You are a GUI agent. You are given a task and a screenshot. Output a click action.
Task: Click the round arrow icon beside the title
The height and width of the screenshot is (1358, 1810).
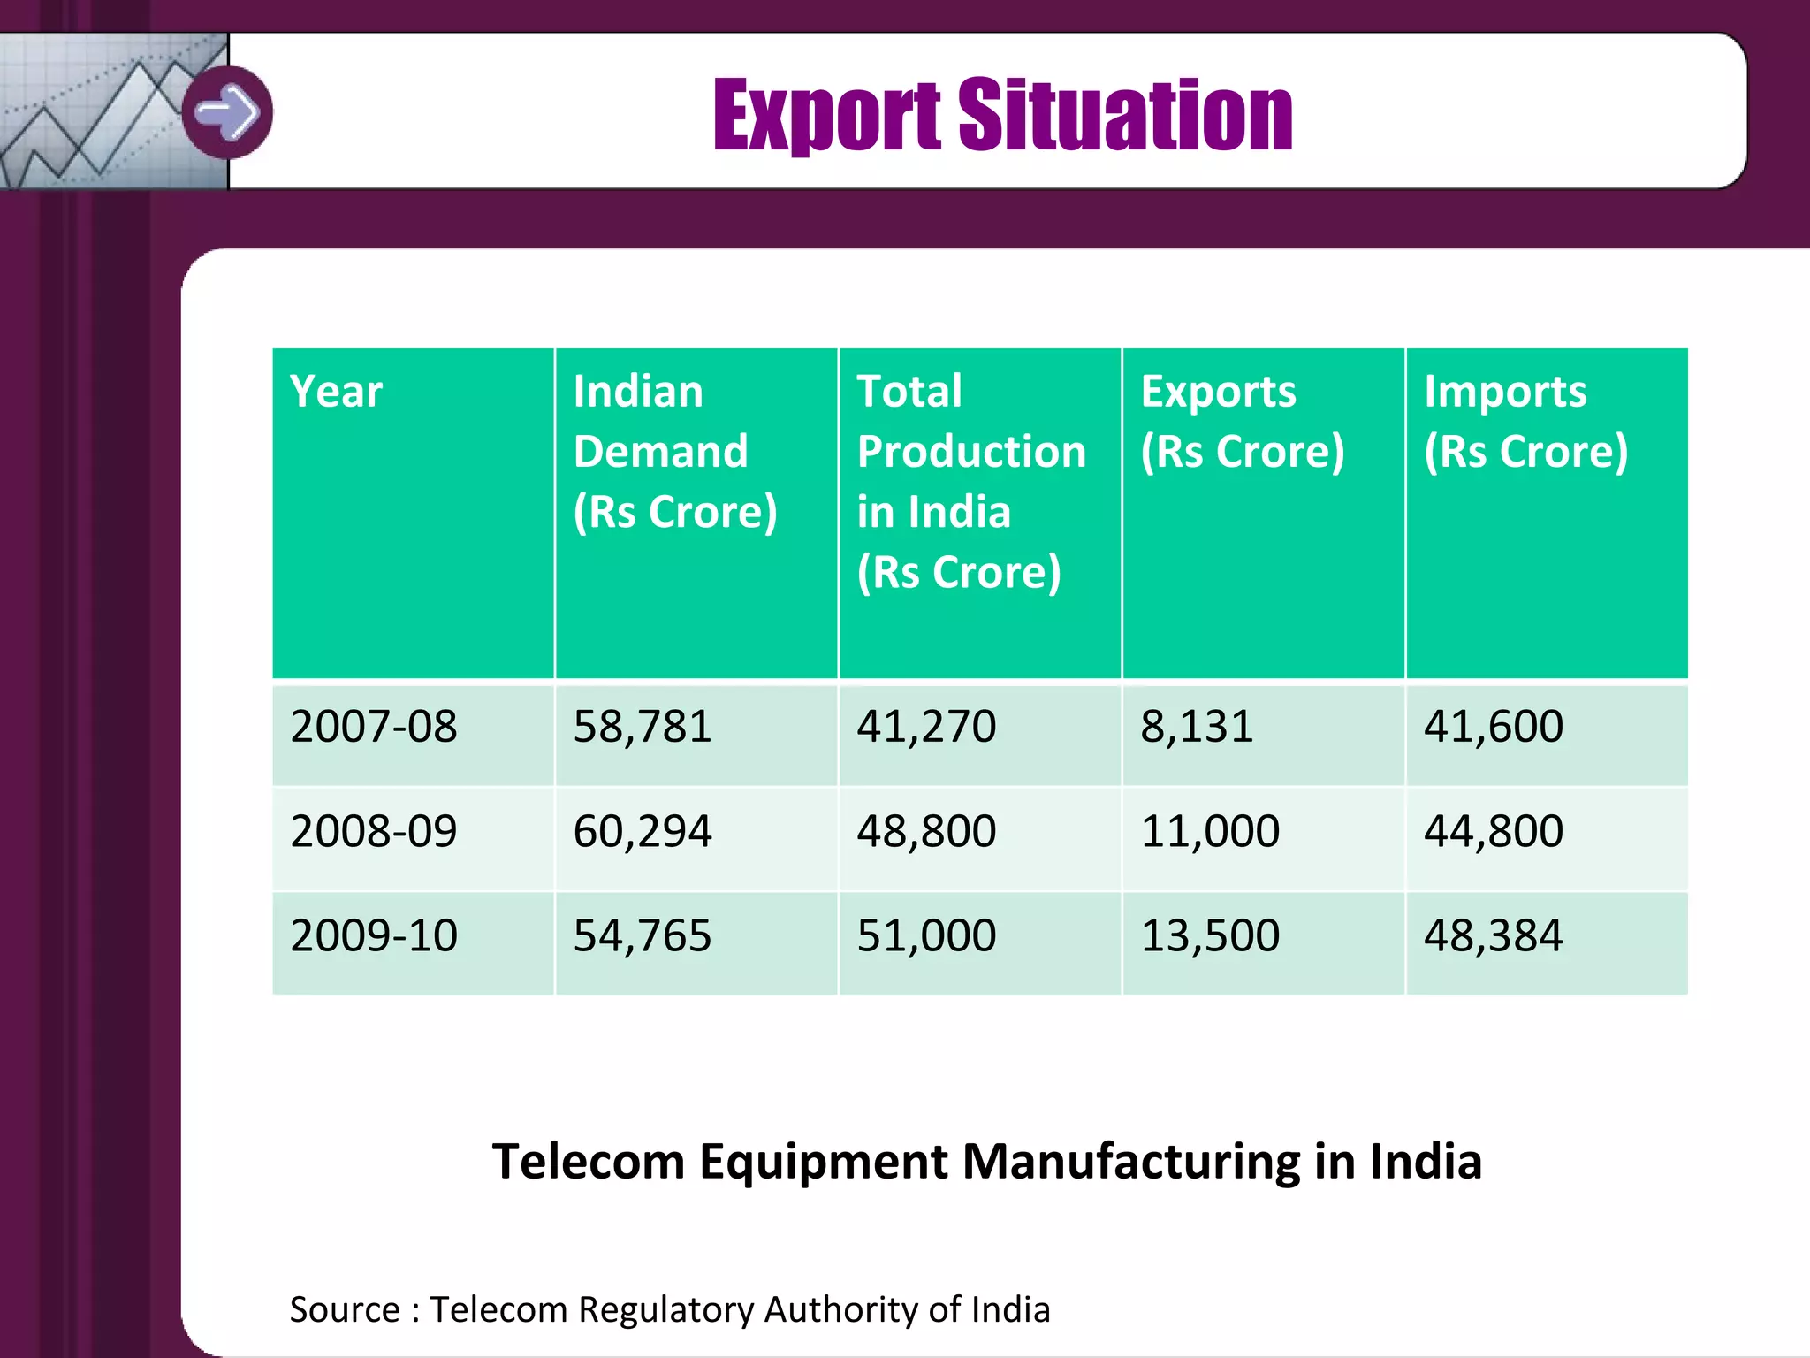tap(228, 112)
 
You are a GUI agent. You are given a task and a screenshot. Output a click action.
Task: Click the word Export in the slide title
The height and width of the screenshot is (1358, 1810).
tap(826, 114)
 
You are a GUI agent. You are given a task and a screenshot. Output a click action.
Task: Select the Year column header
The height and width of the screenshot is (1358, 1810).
tap(336, 392)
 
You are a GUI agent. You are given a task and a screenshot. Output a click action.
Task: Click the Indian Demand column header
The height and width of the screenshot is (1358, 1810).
tap(675, 451)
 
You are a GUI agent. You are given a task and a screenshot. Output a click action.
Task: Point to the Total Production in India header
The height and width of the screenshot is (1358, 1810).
tap(970, 481)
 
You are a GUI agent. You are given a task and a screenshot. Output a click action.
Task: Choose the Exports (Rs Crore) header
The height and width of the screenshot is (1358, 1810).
tap(1242, 422)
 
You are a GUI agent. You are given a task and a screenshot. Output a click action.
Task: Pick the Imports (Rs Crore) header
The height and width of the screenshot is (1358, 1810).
tap(1525, 422)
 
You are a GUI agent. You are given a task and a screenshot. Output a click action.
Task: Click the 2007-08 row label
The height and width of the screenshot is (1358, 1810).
tap(373, 727)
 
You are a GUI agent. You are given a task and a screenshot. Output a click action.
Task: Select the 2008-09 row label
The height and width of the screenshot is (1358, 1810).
tap(373, 831)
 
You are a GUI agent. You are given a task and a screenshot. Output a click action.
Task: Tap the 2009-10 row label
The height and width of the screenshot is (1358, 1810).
tap(373, 935)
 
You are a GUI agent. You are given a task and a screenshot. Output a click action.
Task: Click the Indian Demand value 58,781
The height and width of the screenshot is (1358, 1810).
tap(643, 727)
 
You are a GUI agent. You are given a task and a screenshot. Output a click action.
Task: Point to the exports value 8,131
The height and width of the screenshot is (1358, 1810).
tap(1197, 727)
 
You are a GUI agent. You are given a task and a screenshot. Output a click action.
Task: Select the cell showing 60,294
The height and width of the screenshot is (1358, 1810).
tap(643, 831)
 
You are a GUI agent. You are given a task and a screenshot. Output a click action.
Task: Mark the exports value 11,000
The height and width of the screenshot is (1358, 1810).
tap(1210, 831)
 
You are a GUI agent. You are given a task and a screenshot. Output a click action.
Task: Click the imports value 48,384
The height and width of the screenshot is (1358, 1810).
tap(1493, 935)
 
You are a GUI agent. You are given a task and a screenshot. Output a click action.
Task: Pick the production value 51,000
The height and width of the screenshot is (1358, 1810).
tap(926, 935)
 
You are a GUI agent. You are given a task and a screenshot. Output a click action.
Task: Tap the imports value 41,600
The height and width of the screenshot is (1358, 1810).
tap(1493, 727)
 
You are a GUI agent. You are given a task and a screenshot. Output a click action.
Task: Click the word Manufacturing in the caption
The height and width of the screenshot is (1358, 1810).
tap(1130, 1162)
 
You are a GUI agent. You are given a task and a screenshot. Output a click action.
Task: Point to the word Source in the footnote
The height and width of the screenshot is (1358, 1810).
tap(345, 1309)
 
